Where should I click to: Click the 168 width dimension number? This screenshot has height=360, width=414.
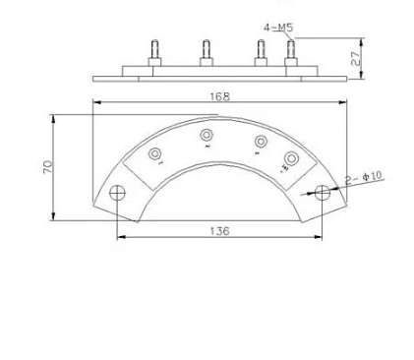(219, 95)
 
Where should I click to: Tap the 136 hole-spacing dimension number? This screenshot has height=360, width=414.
(219, 230)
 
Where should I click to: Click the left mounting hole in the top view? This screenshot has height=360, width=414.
(117, 193)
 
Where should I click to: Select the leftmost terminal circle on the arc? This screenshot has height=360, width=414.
(155, 154)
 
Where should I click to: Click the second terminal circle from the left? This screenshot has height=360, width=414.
(207, 135)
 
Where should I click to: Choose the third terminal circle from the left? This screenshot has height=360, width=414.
(260, 140)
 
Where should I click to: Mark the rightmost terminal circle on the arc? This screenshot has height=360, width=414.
(291, 158)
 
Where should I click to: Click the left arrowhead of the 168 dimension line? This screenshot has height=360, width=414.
(96, 102)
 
